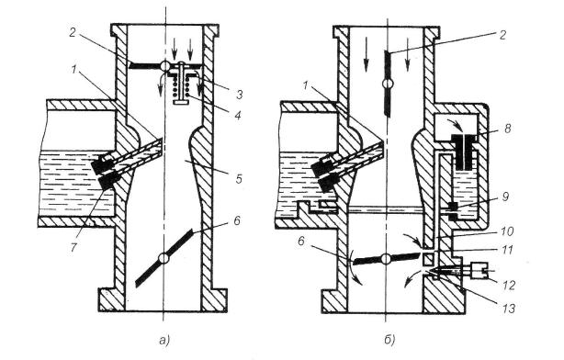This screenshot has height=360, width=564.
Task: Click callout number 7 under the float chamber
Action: pyautogui.click(x=73, y=246)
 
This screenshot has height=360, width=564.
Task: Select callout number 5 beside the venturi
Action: pyautogui.click(x=239, y=178)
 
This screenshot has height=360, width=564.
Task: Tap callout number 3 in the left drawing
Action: pyautogui.click(x=240, y=95)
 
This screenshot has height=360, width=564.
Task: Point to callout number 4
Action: pyautogui.click(x=238, y=116)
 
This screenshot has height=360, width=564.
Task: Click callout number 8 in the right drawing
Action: pyautogui.click(x=508, y=129)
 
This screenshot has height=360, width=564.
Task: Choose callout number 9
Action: pyautogui.click(x=506, y=197)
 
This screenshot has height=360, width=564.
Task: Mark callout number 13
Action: pyautogui.click(x=509, y=308)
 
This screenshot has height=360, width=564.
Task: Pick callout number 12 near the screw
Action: pyautogui.click(x=509, y=285)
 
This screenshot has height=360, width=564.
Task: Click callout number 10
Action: pyautogui.click(x=508, y=231)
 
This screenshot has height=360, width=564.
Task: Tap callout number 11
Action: pyautogui.click(x=508, y=249)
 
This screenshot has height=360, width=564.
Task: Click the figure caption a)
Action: pyautogui.click(x=164, y=340)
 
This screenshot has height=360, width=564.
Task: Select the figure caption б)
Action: pyautogui.click(x=389, y=340)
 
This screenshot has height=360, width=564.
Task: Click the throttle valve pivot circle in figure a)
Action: pyautogui.click(x=164, y=258)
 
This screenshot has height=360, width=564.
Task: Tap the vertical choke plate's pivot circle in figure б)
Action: pyautogui.click(x=388, y=84)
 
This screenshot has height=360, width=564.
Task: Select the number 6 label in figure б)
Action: pyautogui.click(x=300, y=241)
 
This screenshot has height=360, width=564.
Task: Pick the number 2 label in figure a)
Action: pyautogui.click(x=73, y=33)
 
